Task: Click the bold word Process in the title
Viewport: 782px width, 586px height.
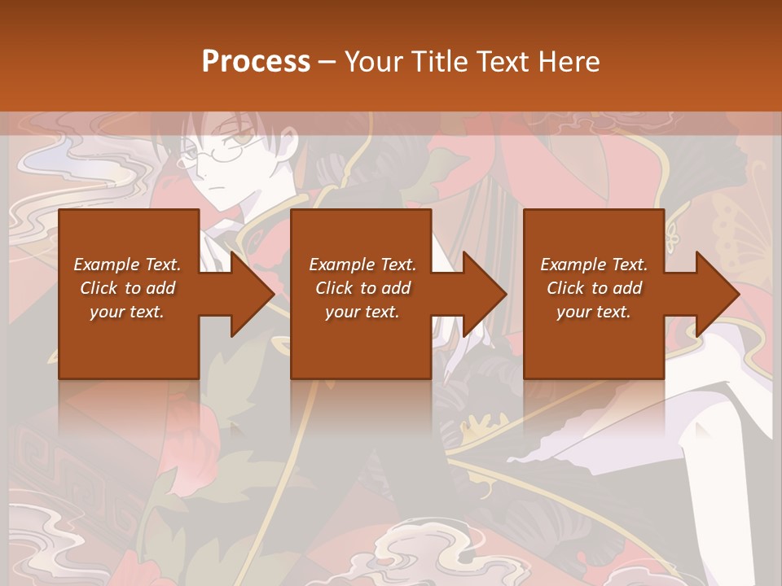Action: tap(256, 62)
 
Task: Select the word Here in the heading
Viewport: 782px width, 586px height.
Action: tap(570, 62)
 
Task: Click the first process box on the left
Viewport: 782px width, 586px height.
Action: tap(129, 244)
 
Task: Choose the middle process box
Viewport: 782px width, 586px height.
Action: tap(361, 244)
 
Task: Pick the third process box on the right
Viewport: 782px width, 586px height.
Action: tap(593, 244)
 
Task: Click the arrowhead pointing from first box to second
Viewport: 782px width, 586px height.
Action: tap(253, 294)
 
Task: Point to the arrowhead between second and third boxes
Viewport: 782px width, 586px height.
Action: tap(485, 294)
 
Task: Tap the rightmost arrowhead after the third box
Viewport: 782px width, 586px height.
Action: tap(718, 294)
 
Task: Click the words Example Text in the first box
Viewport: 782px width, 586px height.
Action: tap(127, 265)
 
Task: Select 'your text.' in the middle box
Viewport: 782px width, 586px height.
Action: tap(362, 312)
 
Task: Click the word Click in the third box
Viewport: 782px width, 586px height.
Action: tap(565, 288)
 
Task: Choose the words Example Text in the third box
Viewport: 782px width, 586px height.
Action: tap(593, 265)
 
